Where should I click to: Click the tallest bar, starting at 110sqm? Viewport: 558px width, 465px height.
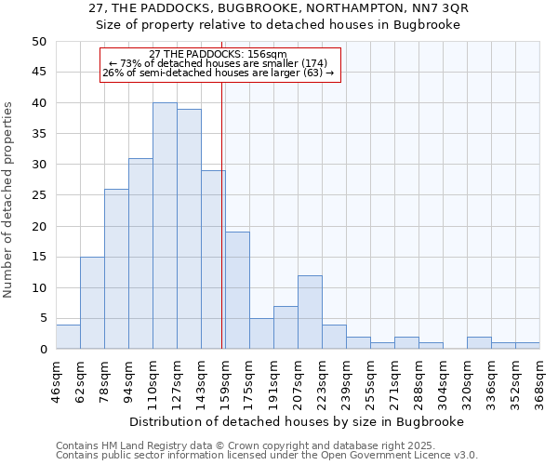165,226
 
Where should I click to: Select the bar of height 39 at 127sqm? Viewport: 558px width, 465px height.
189,229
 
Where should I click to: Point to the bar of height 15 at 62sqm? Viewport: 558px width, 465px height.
92,303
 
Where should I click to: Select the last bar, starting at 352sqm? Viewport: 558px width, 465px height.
527,346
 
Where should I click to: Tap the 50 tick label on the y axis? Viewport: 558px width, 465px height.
38,42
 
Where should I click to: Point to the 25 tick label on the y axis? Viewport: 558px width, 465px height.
38,195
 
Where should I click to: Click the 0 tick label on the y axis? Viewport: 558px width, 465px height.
42,350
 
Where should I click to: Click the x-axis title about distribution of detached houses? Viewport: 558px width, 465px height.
297,421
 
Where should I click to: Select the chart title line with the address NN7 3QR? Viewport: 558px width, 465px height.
279,8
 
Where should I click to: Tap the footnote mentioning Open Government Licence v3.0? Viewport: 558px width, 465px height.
267,456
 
